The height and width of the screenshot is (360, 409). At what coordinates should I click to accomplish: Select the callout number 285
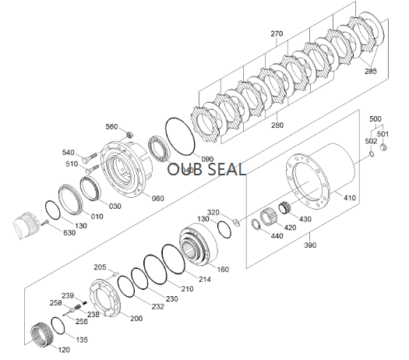pyautogui.click(x=370, y=72)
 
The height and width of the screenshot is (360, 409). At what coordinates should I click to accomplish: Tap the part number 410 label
pyautogui.click(x=349, y=198)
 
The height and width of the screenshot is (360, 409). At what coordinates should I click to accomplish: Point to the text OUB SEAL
pyautogui.click(x=206, y=169)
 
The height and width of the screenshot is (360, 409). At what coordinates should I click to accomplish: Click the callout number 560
pyautogui.click(x=111, y=127)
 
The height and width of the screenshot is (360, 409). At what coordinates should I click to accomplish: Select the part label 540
pyautogui.click(x=68, y=153)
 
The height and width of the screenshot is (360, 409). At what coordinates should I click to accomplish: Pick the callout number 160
pyautogui.click(x=223, y=269)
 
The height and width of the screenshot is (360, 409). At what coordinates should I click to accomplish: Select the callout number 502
pyautogui.click(x=371, y=141)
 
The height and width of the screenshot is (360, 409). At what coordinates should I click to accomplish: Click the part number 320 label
pyautogui.click(x=213, y=212)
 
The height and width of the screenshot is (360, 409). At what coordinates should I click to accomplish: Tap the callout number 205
pyautogui.click(x=99, y=267)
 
